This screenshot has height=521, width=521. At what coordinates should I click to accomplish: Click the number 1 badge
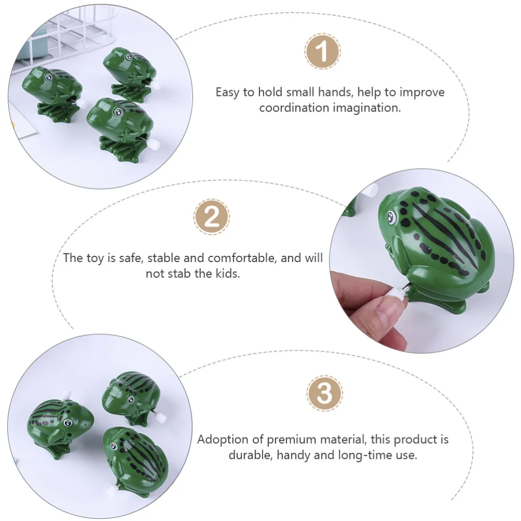click(x=322, y=52)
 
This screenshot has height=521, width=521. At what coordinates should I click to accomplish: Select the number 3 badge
click(x=324, y=393)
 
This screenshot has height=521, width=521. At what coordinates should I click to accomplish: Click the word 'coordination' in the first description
click(x=295, y=108)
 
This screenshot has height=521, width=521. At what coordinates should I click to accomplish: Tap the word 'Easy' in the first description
click(x=228, y=92)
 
